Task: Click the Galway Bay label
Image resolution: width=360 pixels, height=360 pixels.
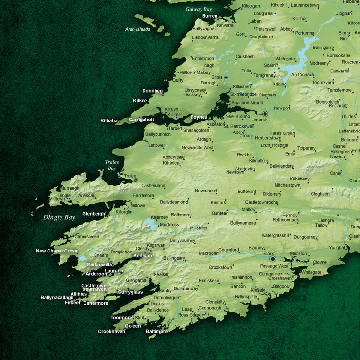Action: click(198, 9)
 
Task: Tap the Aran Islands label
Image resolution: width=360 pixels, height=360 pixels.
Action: click(138, 29)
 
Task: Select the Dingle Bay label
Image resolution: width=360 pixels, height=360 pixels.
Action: click(59, 217)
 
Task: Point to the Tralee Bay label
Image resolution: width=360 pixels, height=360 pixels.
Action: click(112, 165)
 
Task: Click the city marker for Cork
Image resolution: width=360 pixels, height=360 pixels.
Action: click(273, 259)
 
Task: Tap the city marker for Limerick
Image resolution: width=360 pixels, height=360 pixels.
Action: click(265, 114)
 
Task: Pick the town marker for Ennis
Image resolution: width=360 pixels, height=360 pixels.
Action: click(226, 77)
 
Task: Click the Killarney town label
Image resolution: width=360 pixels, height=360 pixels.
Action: click(159, 217)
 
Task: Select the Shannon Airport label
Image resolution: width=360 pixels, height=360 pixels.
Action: click(247, 103)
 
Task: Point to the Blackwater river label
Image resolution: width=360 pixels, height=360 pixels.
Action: click(320, 211)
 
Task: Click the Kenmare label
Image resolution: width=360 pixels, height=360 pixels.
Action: click(144, 256)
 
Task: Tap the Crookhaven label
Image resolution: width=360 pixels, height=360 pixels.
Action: click(111, 332)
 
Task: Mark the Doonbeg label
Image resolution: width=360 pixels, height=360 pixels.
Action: click(152, 91)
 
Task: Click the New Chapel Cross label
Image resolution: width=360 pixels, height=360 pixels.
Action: click(57, 251)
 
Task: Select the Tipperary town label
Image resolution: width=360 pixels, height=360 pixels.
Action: click(306, 148)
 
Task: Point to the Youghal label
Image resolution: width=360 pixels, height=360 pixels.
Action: click(337, 248)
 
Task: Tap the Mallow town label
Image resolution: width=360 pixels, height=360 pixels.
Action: click(249, 210)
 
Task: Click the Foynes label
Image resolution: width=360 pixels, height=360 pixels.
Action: click(199, 117)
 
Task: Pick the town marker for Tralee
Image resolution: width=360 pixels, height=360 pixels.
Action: click(136, 180)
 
